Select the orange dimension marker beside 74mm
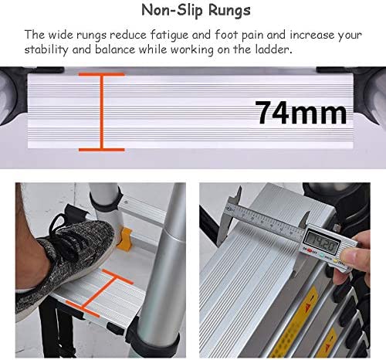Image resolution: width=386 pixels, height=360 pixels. click(101, 112)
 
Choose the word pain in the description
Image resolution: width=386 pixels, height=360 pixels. click(252, 36)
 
